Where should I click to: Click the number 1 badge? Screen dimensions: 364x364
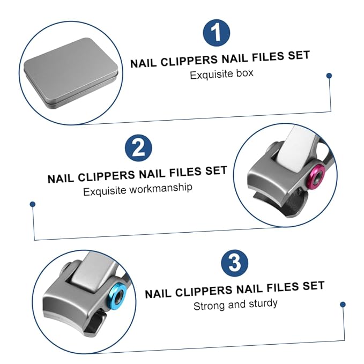click(x=217, y=33)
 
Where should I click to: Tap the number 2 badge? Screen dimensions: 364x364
click(x=138, y=148)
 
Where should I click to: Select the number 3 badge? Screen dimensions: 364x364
click(x=235, y=263)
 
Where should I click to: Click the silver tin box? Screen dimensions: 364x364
click(x=71, y=73)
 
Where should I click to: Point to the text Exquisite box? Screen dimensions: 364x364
click(x=221, y=74)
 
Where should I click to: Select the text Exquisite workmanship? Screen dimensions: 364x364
click(x=138, y=189)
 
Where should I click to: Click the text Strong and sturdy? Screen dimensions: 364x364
click(x=235, y=304)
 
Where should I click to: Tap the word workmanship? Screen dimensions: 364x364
click(x=161, y=188)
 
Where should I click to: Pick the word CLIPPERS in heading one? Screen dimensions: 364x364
click(x=189, y=61)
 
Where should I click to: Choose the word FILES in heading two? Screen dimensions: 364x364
click(x=185, y=172)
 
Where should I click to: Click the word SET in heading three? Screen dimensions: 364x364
click(x=314, y=286)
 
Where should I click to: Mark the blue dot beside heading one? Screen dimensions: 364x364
click(x=329, y=76)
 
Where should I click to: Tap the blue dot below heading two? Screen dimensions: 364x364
click(x=33, y=204)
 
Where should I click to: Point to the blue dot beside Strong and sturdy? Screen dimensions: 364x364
click(x=343, y=304)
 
